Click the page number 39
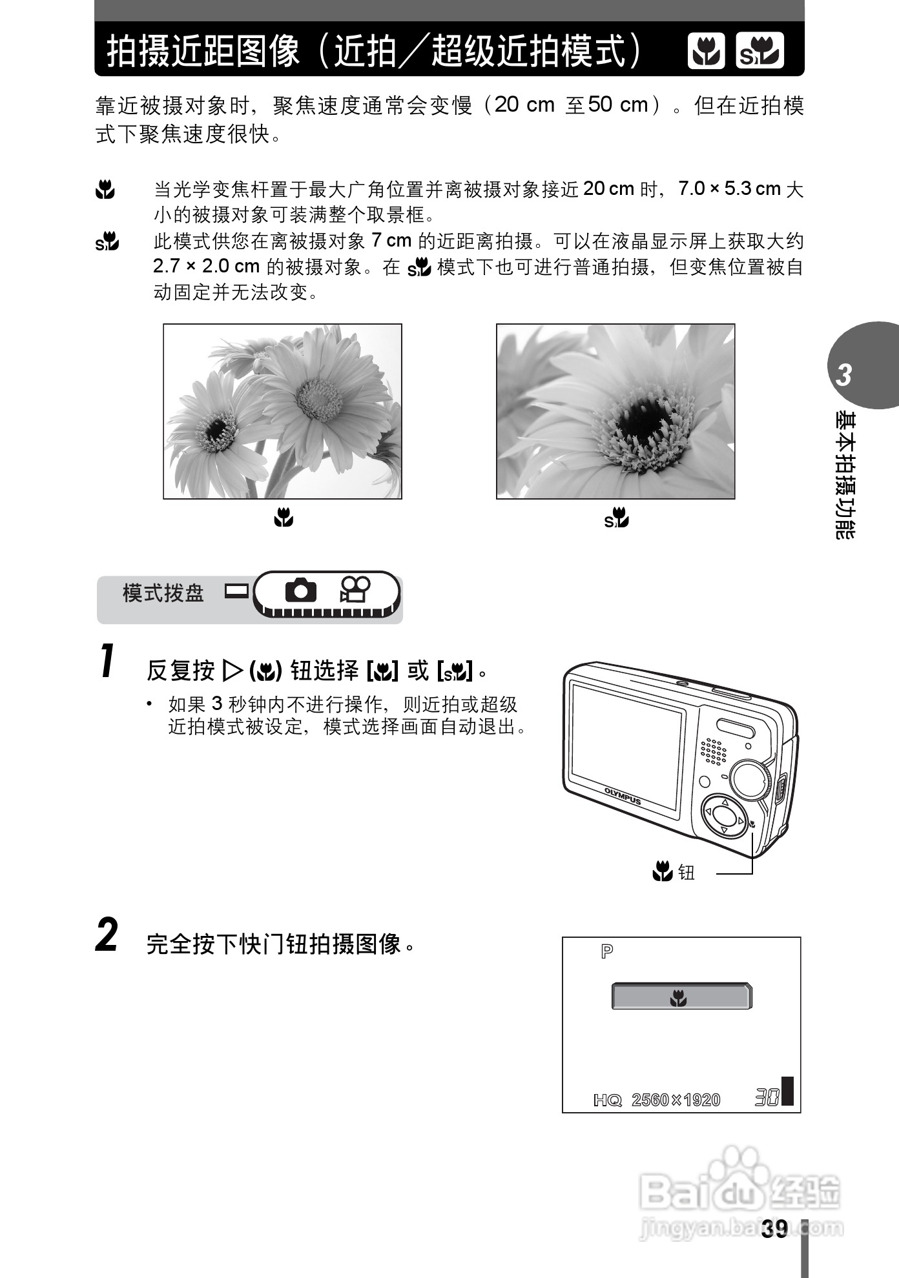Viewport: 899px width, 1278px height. tap(774, 1229)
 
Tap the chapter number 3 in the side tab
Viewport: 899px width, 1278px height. tap(844, 375)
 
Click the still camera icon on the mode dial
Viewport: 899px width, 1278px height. tap(300, 590)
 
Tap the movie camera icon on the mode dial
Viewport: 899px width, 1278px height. tap(355, 589)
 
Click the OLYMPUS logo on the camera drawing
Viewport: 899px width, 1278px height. tap(623, 796)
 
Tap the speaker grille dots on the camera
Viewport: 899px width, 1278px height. tap(713, 751)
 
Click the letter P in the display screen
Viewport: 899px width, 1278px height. tap(607, 951)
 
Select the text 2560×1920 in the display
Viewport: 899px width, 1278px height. tap(676, 1100)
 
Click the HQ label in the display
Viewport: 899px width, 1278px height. tap(607, 1100)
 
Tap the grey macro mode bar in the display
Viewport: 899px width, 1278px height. tap(681, 997)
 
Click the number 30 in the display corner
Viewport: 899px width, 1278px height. tap(767, 1097)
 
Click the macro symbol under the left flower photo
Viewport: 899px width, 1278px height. tap(283, 517)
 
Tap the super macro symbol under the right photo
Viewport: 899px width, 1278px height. tap(617, 518)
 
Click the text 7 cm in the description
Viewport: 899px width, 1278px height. tap(391, 241)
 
